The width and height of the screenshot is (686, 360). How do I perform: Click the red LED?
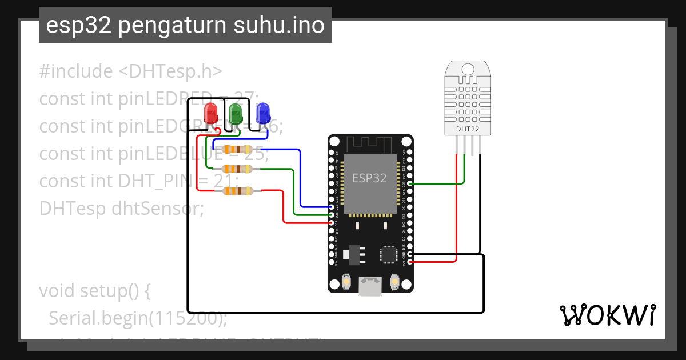(x=212, y=113)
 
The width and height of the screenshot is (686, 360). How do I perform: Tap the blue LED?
(x=262, y=113)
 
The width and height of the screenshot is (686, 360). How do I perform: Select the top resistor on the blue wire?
(x=237, y=150)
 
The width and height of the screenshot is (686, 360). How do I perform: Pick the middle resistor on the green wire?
(x=237, y=169)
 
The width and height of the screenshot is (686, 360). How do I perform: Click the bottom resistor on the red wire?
(x=237, y=191)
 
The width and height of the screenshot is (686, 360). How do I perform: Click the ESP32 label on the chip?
(x=369, y=178)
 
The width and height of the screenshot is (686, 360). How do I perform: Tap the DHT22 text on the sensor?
(x=468, y=129)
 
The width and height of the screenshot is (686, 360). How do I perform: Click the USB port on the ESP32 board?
(x=370, y=286)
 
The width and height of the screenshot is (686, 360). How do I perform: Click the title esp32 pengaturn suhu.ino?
(x=185, y=25)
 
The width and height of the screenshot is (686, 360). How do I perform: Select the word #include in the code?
(x=76, y=71)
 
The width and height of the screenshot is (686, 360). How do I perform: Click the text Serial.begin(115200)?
(x=137, y=318)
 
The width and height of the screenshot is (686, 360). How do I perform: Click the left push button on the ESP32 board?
(x=346, y=281)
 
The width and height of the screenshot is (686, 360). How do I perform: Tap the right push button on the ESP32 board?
(x=394, y=281)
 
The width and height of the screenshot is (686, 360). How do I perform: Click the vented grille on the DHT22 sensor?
(x=468, y=98)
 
